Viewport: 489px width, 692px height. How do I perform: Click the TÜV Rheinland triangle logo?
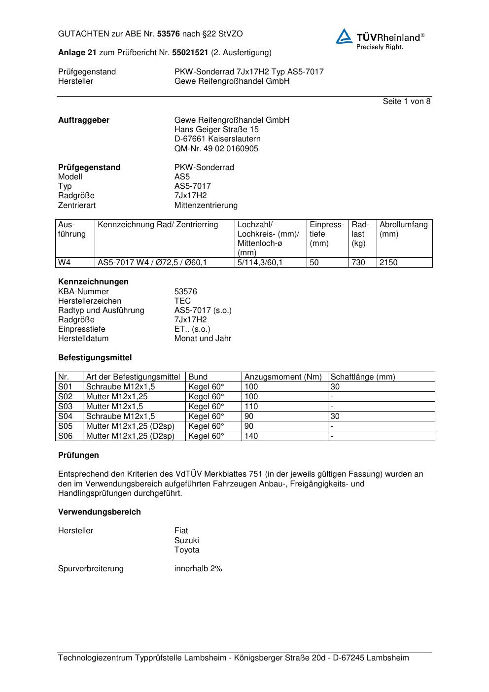point(344,36)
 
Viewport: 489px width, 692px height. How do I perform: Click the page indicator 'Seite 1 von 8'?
point(406,102)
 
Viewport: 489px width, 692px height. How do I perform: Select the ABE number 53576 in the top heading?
point(168,34)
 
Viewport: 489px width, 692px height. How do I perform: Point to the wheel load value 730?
point(358,263)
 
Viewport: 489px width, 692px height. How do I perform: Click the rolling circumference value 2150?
point(388,263)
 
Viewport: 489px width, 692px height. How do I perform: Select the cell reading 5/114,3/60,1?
point(260,263)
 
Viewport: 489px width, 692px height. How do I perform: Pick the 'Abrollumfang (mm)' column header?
point(403,229)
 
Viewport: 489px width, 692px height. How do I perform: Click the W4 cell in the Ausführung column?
point(65,263)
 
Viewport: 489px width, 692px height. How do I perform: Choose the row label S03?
point(65,407)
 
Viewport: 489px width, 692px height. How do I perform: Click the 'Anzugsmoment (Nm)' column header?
point(283,377)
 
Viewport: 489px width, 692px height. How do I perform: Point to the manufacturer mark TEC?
point(182,301)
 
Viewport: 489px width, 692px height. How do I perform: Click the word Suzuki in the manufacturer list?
point(186,541)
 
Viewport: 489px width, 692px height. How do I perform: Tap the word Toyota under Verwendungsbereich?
point(187,550)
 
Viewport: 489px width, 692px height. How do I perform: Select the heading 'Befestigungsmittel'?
point(95,358)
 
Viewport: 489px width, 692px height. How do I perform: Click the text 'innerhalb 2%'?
point(198,569)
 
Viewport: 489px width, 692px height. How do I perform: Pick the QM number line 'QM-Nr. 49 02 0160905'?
point(216,149)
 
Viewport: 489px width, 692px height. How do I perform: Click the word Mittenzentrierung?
point(206,206)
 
